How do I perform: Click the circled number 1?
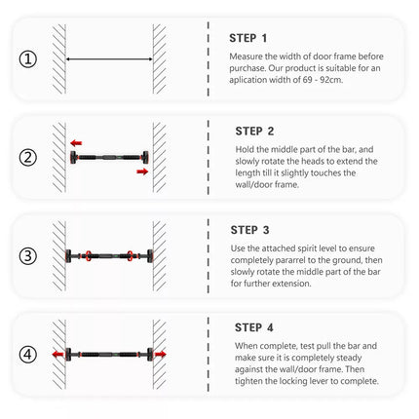tap(28, 59)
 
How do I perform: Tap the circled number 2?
tap(28, 158)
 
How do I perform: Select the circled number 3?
tap(28, 256)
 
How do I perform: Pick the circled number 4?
tap(28, 355)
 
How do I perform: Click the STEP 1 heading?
tap(248, 38)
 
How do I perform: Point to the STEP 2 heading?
tap(254, 132)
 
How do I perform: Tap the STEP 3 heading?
tap(249, 230)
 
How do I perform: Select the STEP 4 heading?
tap(254, 327)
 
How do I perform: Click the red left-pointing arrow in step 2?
tap(76, 143)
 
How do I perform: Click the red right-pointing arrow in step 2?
tap(142, 171)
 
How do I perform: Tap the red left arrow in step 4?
tap(58, 354)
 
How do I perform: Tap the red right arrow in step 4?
tap(160, 354)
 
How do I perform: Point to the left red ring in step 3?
tap(88, 256)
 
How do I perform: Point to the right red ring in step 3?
tap(130, 256)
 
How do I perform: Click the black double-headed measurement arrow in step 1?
tap(109, 59)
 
